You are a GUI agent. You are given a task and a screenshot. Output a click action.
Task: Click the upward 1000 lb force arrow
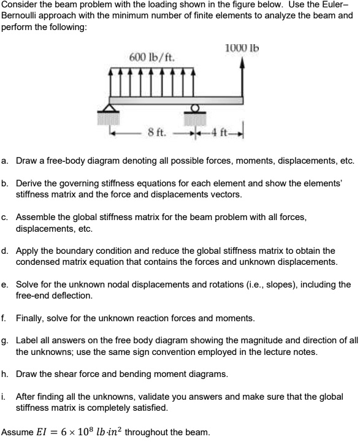tap(244, 77)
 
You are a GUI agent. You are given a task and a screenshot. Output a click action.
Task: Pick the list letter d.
tap(5, 251)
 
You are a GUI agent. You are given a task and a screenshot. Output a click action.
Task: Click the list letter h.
tap(5, 373)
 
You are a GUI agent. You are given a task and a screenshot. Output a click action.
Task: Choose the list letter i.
tap(4, 397)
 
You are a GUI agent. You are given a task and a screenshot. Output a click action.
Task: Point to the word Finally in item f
tap(30, 318)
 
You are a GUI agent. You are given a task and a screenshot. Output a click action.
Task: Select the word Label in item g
tap(27, 340)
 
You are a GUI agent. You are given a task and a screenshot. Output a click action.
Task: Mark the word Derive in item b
tap(29, 183)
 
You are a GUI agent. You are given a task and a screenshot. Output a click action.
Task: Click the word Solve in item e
tap(27, 284)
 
